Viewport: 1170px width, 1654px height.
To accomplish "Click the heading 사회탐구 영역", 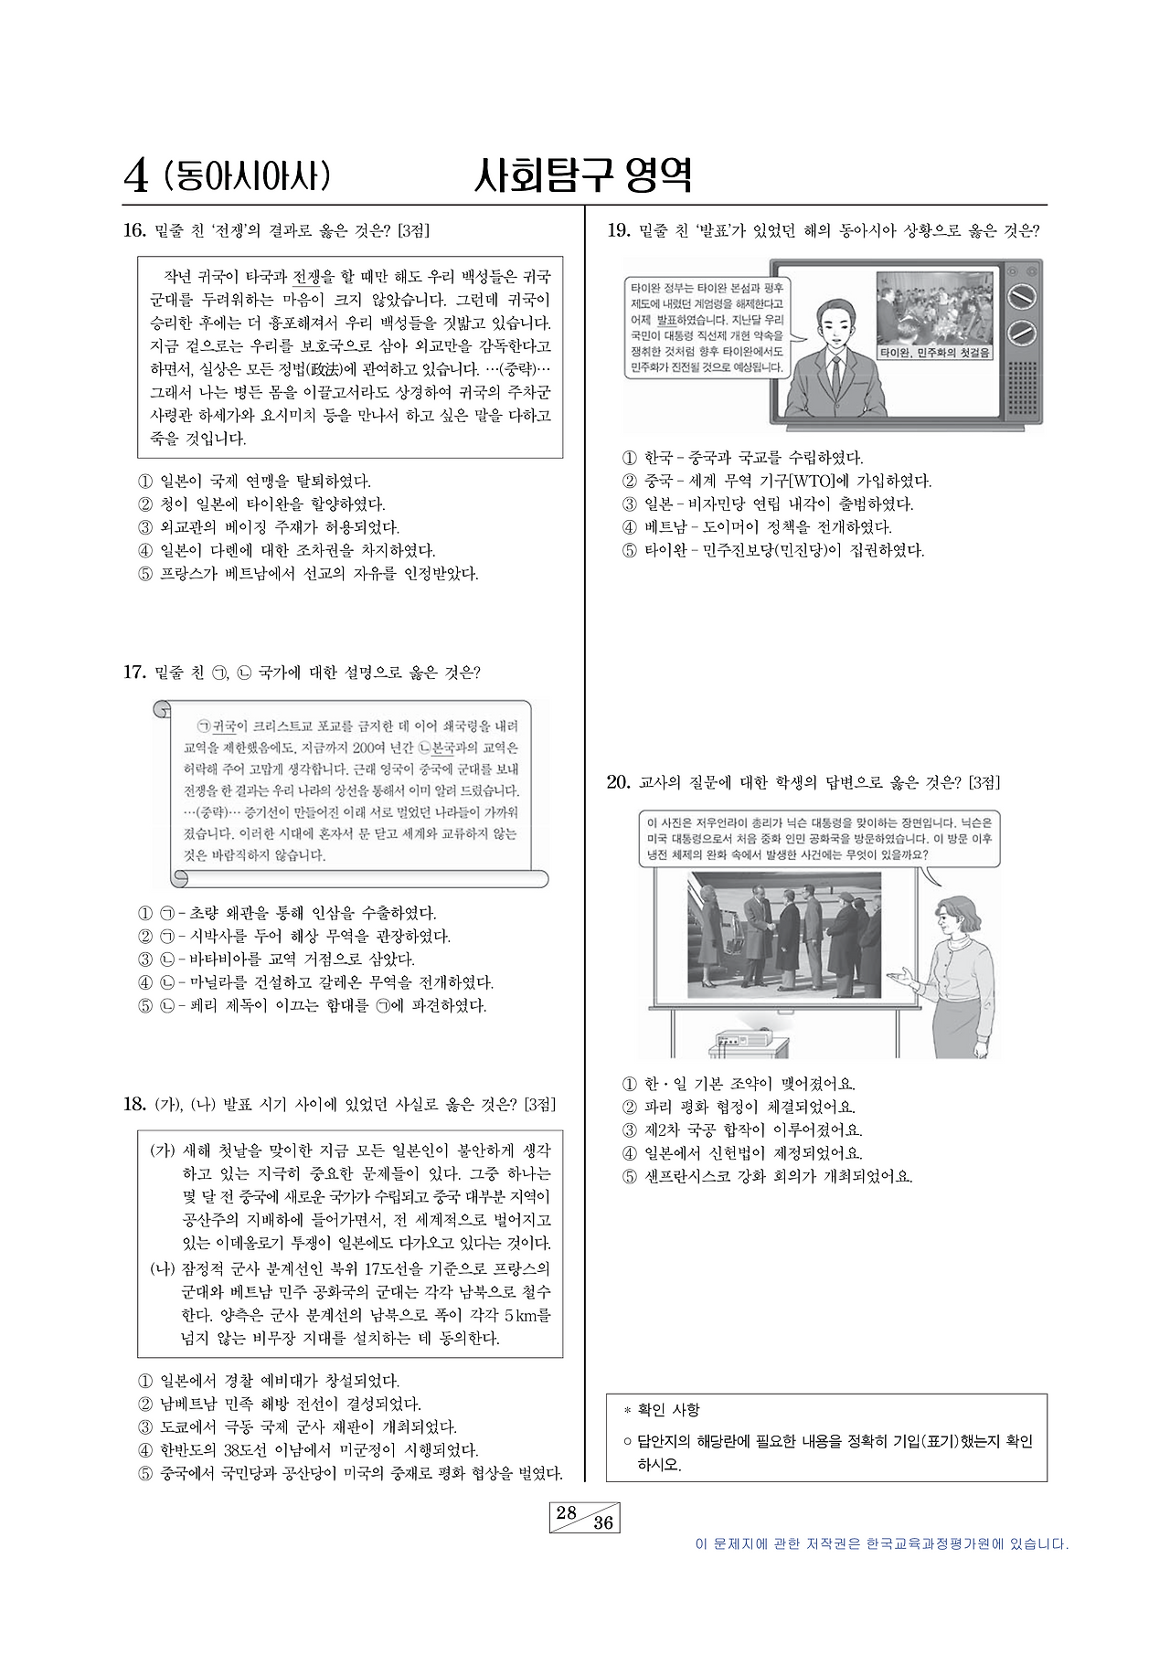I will tap(582, 175).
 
